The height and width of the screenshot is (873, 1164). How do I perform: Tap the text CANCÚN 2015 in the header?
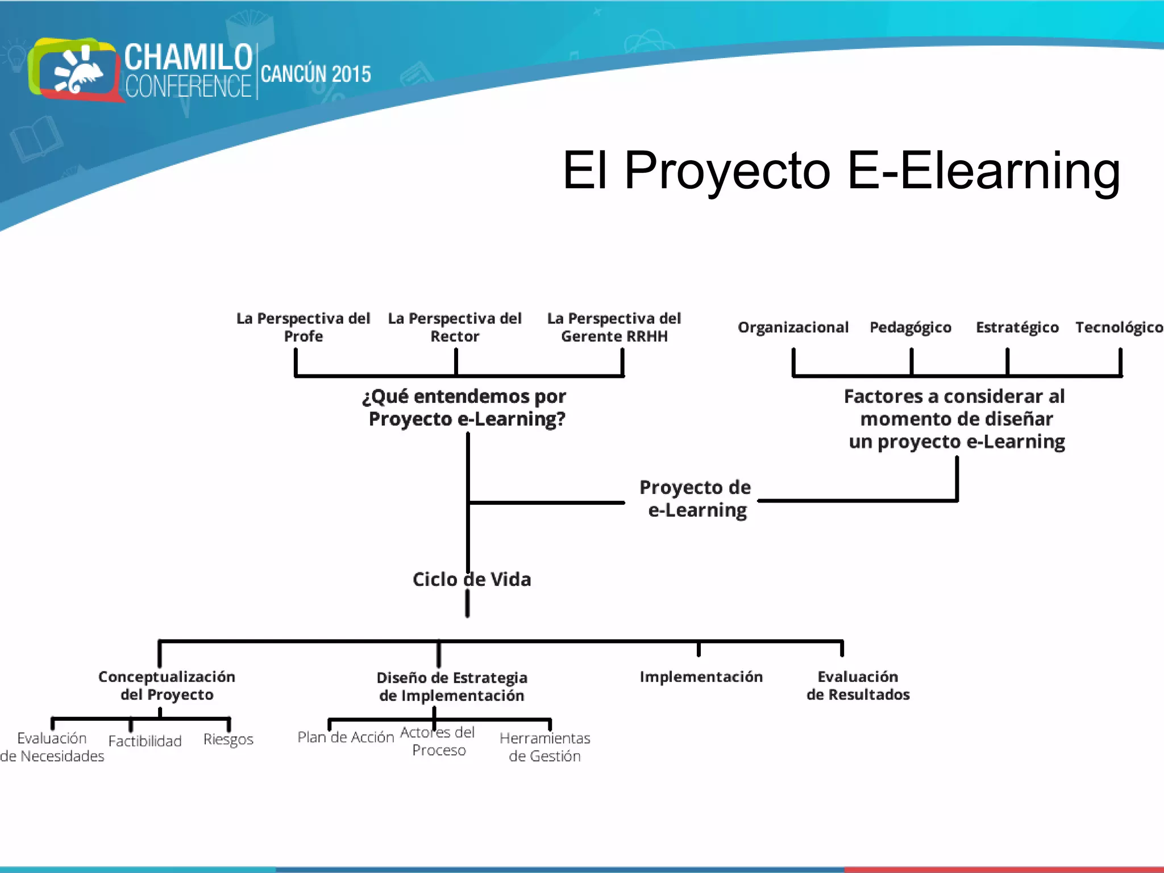[x=315, y=74]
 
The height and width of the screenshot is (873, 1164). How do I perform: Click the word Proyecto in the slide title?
[x=727, y=171]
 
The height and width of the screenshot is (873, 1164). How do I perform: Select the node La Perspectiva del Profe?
[x=303, y=327]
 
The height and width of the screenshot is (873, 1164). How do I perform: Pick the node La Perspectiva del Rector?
[x=455, y=327]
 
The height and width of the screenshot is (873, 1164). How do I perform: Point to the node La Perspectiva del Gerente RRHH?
[x=614, y=327]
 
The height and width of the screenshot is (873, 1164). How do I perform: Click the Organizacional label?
[x=793, y=327]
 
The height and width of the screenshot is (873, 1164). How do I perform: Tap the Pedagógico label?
[x=911, y=327]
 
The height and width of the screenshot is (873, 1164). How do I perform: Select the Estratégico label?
[x=1017, y=327]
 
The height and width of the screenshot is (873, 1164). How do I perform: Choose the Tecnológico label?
[x=1119, y=327]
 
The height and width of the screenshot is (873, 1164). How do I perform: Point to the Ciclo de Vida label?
[x=472, y=579]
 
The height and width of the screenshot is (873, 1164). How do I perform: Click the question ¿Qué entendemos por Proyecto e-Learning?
[x=465, y=408]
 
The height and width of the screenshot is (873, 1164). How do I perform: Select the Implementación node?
[x=701, y=676]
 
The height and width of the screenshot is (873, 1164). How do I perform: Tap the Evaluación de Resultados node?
[x=858, y=685]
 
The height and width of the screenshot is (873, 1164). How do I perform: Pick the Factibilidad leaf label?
[x=145, y=741]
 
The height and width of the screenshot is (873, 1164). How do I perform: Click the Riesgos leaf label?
[x=228, y=739]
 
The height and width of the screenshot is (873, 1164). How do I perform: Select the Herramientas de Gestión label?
[x=544, y=747]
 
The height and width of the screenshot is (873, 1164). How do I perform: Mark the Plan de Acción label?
[x=346, y=737]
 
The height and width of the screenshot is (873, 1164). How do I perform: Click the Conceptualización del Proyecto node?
[x=167, y=685]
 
